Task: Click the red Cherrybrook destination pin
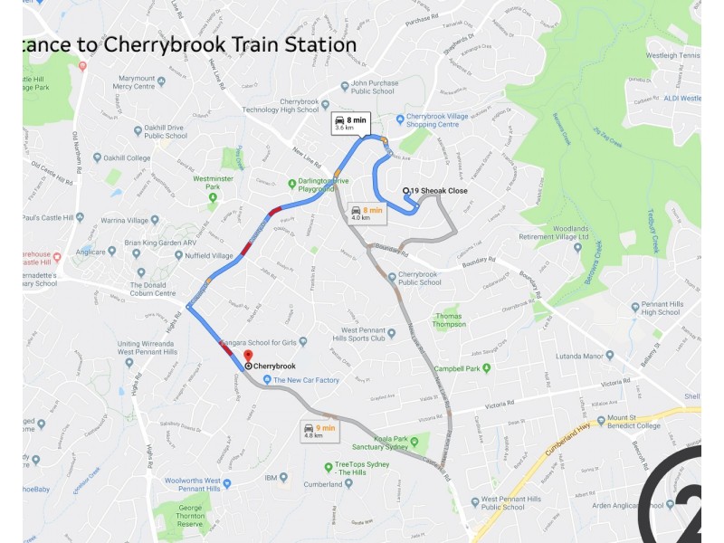(x=248, y=356)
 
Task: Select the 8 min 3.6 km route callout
(x=350, y=124)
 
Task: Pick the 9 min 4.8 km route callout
(x=319, y=431)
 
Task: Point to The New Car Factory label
(x=306, y=380)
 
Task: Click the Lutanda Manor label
(x=579, y=357)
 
